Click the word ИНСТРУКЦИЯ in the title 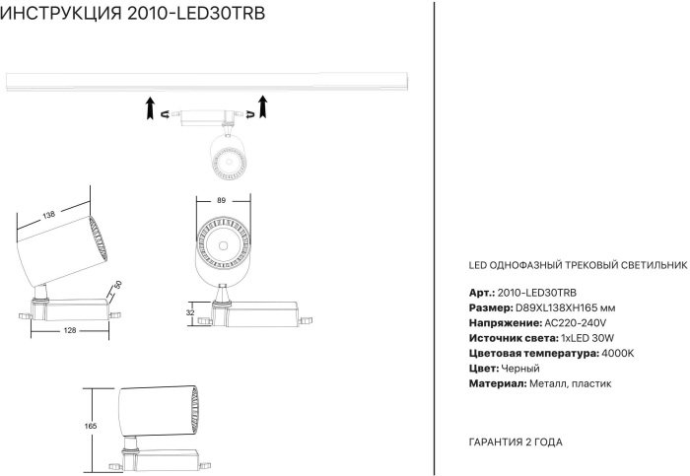(x=61, y=13)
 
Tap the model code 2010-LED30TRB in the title (x=196, y=13)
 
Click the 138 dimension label (x=49, y=215)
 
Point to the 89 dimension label (x=222, y=201)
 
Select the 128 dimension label (x=70, y=330)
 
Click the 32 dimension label (x=190, y=312)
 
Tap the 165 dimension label (x=91, y=426)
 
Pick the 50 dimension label (x=117, y=285)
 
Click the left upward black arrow (x=151, y=108)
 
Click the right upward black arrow (x=263, y=106)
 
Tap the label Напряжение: (x=505, y=323)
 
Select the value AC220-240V (x=576, y=323)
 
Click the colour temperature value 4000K (x=618, y=353)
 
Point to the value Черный (x=520, y=369)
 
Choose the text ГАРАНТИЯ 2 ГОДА (x=516, y=442)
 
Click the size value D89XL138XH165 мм (x=566, y=307)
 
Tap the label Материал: (x=498, y=383)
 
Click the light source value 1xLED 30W (x=587, y=338)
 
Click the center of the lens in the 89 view (x=223, y=245)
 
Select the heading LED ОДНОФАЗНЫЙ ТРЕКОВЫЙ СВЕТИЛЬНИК (x=578, y=265)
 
